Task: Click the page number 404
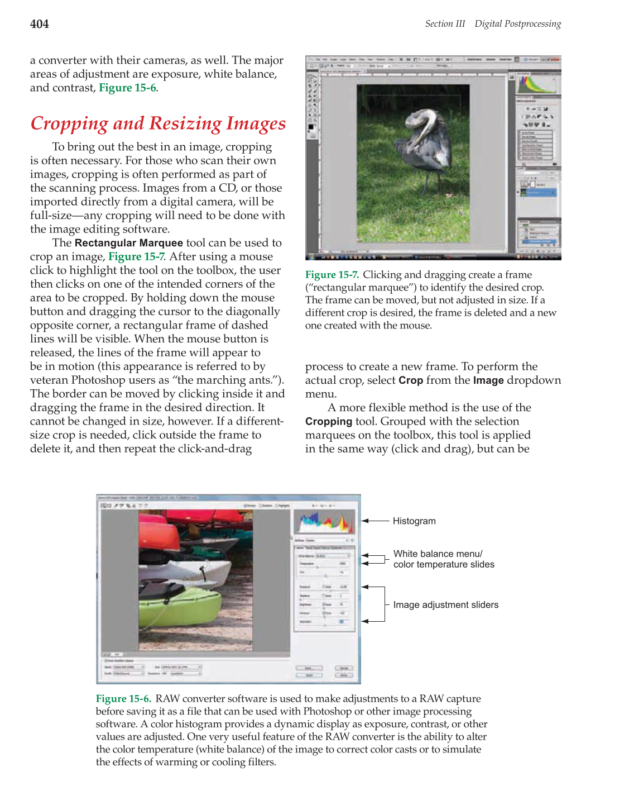point(39,24)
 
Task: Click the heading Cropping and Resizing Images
point(158,123)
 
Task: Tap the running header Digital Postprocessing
point(517,24)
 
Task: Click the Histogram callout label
point(414,521)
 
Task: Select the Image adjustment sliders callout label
point(445,605)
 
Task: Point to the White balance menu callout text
point(438,554)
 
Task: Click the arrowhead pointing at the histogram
point(365,521)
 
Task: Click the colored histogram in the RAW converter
point(324,523)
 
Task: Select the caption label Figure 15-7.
point(332,275)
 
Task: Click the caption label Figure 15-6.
point(123,699)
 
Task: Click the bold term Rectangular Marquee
point(128,243)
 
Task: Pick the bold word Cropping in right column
point(328,422)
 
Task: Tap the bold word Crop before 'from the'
point(410,380)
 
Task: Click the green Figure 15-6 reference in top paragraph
point(127,88)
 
